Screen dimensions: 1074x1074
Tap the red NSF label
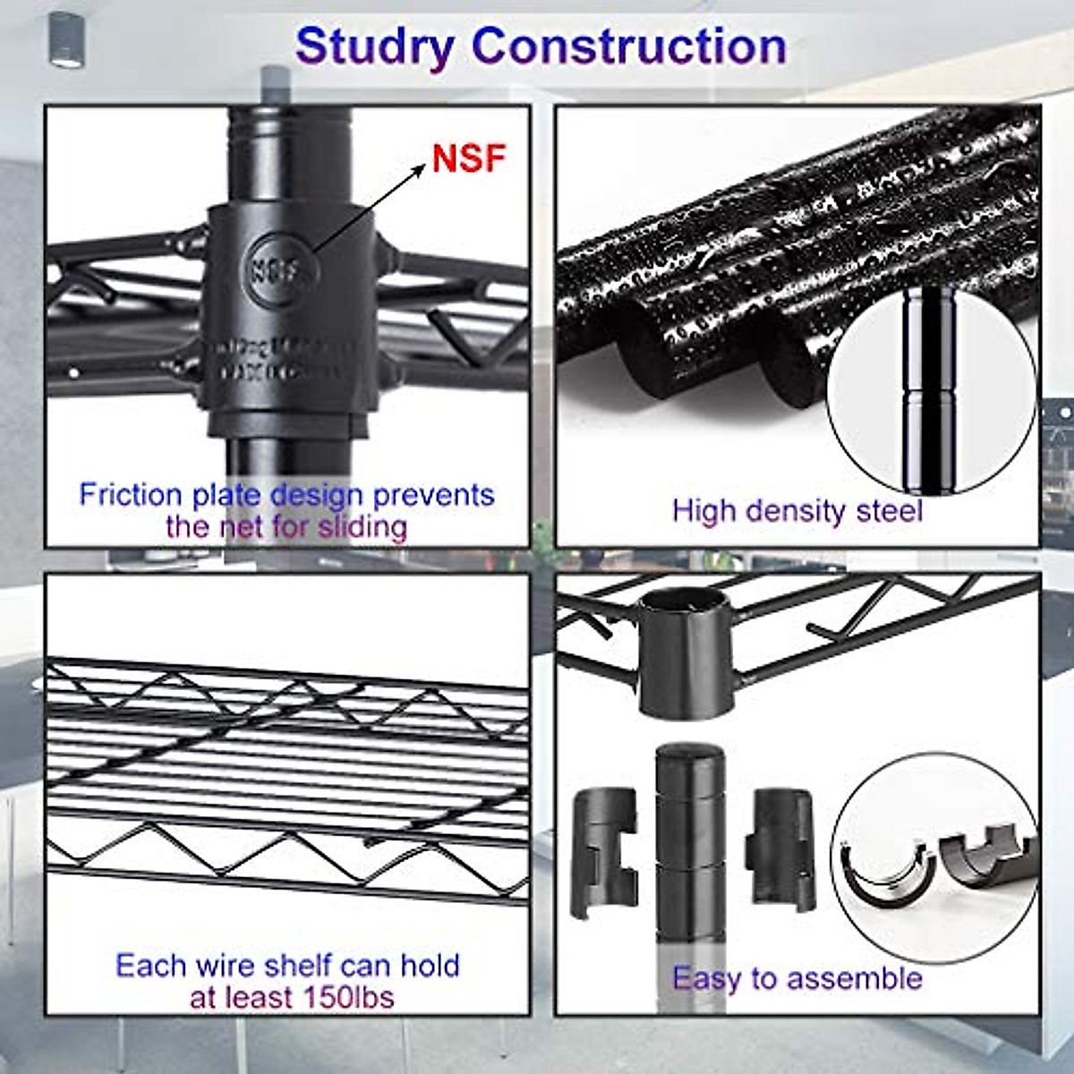tap(468, 158)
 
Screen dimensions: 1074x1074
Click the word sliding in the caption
tap(362, 526)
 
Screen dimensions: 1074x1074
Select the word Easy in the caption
tap(706, 978)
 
